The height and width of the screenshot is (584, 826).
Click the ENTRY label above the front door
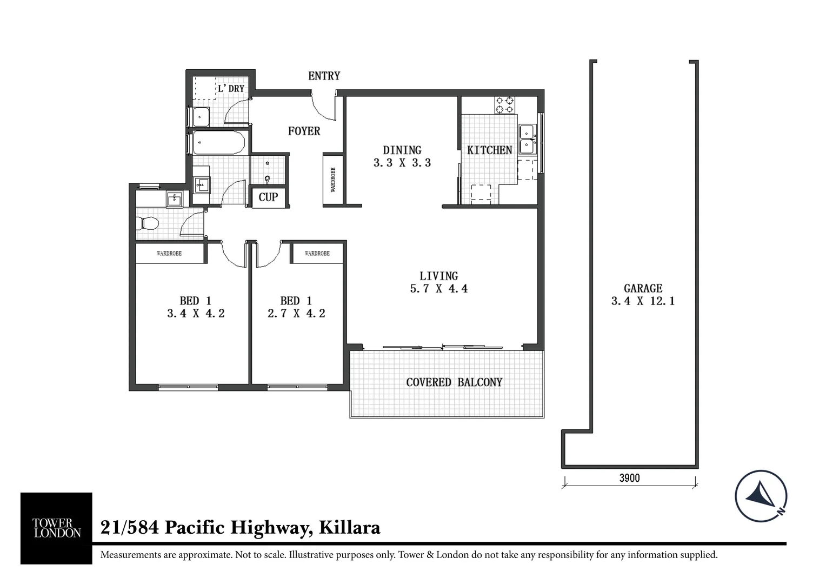tap(324, 76)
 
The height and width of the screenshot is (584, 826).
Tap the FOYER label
tap(304, 131)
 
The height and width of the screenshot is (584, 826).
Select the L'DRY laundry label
tap(231, 88)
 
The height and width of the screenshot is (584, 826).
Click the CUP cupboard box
tap(268, 197)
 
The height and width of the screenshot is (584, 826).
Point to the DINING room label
tap(402, 150)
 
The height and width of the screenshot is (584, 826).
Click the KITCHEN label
tap(489, 150)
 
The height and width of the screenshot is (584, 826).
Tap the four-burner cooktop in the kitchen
tap(505, 105)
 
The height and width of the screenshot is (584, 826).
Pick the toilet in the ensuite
tap(146, 223)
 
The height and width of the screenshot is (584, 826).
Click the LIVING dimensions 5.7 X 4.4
tap(438, 289)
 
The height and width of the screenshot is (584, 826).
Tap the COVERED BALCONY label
tap(454, 382)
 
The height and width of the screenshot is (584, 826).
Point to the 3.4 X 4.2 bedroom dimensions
tap(196, 314)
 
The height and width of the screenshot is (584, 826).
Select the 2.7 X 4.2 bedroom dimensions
tap(296, 314)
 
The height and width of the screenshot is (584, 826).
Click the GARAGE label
tap(643, 289)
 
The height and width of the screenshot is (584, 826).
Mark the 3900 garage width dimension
tap(629, 478)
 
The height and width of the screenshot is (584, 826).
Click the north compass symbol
tap(761, 496)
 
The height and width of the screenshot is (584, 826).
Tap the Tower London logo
tap(56, 528)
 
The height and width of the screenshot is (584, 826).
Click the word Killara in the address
tap(350, 527)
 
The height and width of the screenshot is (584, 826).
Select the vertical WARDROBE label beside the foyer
tap(333, 180)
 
